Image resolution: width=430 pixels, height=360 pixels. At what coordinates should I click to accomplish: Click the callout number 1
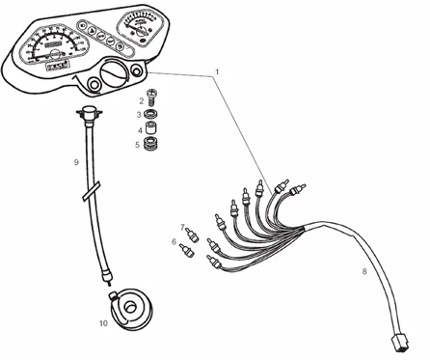click(218, 72)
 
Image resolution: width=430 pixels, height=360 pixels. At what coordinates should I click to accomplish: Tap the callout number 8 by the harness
click(363, 271)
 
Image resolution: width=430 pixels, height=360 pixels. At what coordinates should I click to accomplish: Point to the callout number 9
click(76, 162)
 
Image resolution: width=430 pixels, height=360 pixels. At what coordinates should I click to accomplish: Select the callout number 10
click(103, 324)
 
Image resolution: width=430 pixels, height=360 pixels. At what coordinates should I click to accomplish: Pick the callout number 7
click(180, 228)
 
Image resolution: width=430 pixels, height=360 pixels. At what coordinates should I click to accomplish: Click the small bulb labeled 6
click(188, 252)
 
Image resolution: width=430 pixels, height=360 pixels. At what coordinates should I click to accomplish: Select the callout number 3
click(139, 115)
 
